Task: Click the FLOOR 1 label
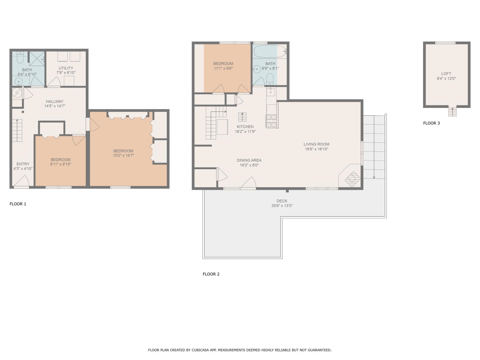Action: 18,204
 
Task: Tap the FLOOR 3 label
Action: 431,123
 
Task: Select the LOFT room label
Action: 446,73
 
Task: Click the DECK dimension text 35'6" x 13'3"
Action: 282,206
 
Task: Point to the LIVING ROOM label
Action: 316,144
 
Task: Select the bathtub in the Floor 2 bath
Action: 269,52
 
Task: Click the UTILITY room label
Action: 66,68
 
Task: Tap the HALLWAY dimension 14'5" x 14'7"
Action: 55,106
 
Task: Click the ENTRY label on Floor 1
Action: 23,164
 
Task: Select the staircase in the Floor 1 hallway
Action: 17,130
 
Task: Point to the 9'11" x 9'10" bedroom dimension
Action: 61,164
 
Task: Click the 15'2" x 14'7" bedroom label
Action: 123,151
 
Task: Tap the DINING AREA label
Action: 249,160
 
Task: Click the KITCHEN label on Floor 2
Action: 245,127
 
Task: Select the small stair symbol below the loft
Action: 452,112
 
